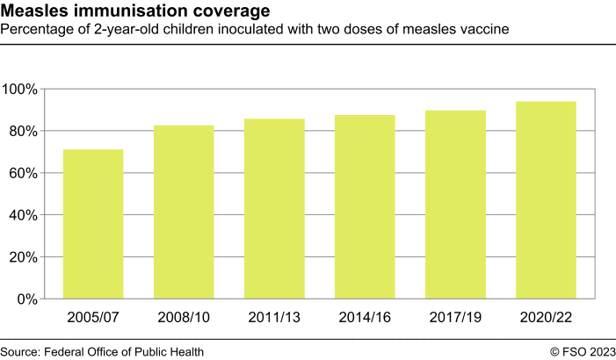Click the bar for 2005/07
(93, 224)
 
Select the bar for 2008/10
(184, 212)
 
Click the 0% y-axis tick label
(27, 299)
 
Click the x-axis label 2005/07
(93, 316)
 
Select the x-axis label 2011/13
(274, 316)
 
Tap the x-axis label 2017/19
(455, 316)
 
